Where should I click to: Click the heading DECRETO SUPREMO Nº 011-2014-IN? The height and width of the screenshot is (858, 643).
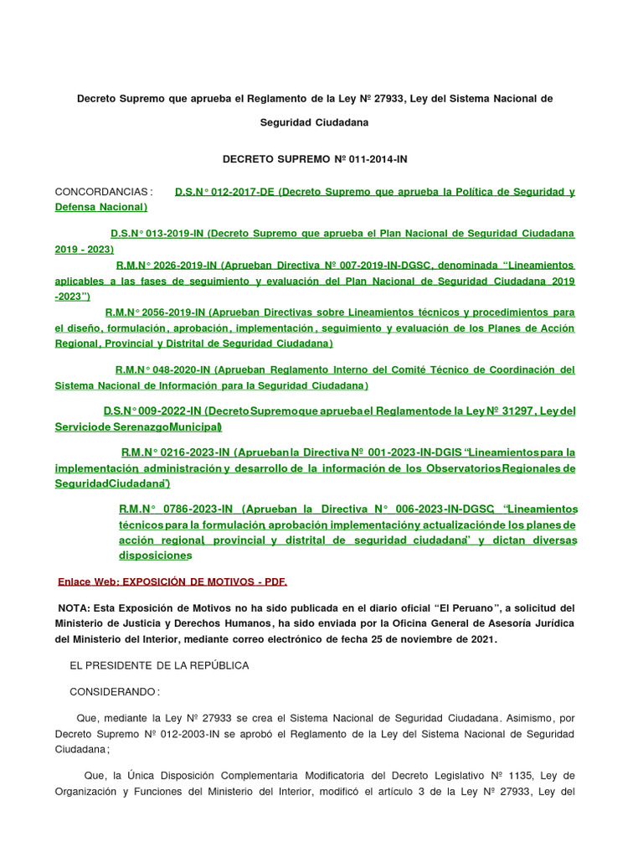pyautogui.click(x=314, y=158)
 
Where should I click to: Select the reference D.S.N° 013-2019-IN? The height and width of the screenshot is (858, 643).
pyautogui.click(x=157, y=233)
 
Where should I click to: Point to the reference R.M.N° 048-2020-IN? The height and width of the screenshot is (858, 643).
pyautogui.click(x=164, y=370)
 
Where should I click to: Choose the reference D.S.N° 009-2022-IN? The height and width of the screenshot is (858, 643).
pyautogui.click(x=152, y=411)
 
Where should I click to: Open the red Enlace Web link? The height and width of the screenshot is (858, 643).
pyautogui.click(x=172, y=581)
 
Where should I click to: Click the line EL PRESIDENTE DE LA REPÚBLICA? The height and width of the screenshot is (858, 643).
pyautogui.click(x=159, y=665)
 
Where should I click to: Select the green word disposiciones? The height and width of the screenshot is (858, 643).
pyautogui.click(x=155, y=556)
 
